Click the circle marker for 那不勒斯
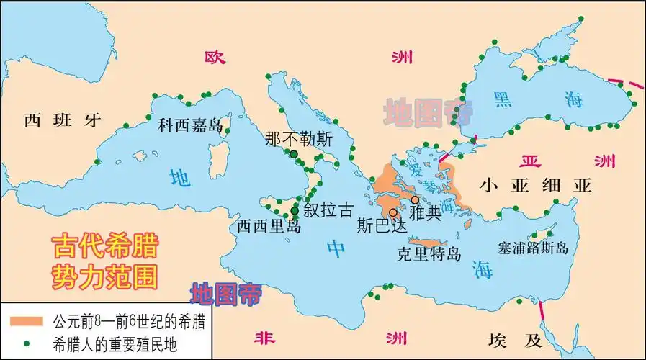pyautogui.click(x=293, y=154)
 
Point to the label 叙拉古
pyautogui.click(x=329, y=210)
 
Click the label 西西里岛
pyautogui.click(x=269, y=225)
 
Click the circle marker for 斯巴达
pyautogui.click(x=392, y=212)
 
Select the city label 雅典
pyautogui.click(x=425, y=213)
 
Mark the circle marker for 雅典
pyautogui.click(x=415, y=199)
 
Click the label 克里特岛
pyautogui.click(x=429, y=253)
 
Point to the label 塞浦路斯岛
pyautogui.click(x=533, y=248)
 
